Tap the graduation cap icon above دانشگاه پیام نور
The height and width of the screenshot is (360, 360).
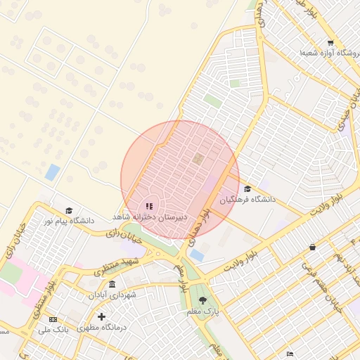coord(69,210)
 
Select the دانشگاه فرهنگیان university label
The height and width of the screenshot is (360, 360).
coord(247,200)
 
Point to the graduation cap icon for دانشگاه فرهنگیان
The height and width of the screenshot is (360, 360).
coord(247,189)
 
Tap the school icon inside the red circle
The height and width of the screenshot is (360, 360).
coord(148,206)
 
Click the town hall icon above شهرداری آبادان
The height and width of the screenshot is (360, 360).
coord(112,283)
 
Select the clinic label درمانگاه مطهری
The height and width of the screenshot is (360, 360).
coord(103,328)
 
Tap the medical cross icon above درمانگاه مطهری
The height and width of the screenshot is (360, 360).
coord(103,317)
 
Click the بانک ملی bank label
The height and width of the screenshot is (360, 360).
coord(53,329)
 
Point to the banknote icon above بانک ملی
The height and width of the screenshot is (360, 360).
coord(53,319)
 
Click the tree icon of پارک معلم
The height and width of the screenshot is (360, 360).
coord(203,300)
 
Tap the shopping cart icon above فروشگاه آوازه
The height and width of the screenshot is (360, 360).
coord(330,43)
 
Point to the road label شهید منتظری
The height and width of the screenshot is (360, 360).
coord(121,266)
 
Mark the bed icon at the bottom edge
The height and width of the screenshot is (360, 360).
coord(290,354)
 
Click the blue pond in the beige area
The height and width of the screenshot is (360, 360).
coord(52,172)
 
